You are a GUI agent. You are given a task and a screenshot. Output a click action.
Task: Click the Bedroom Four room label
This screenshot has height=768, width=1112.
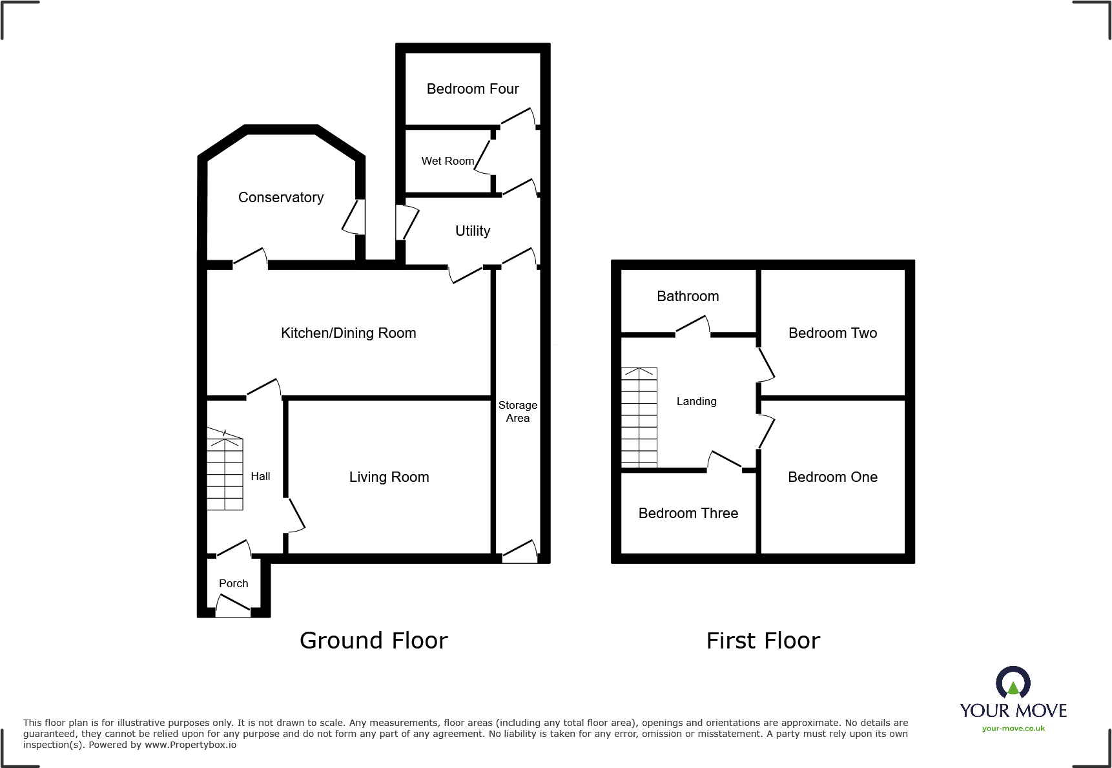pyautogui.click(x=473, y=88)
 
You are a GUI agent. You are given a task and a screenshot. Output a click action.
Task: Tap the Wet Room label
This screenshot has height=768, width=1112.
pyautogui.click(x=448, y=161)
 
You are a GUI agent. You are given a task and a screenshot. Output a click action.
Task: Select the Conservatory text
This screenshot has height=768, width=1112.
pyautogui.click(x=281, y=197)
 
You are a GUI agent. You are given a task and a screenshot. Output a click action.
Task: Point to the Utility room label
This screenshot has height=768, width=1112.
pyautogui.click(x=473, y=231)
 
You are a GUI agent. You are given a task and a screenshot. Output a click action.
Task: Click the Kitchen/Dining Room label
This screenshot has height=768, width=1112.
pyautogui.click(x=348, y=333)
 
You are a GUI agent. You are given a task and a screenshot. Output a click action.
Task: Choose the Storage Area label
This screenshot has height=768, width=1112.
pyautogui.click(x=518, y=411)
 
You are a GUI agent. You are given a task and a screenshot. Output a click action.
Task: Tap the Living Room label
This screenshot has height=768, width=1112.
pyautogui.click(x=389, y=477)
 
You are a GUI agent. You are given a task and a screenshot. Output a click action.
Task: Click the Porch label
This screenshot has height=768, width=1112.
pyautogui.click(x=233, y=583)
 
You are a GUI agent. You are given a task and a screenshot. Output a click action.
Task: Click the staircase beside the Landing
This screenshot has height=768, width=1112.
pyautogui.click(x=639, y=417)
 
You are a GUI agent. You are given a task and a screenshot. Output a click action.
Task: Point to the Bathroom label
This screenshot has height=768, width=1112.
pyautogui.click(x=688, y=296)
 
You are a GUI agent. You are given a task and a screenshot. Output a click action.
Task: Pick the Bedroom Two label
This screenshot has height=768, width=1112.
pyautogui.click(x=832, y=333)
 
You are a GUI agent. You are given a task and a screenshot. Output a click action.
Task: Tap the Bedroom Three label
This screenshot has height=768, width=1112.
pyautogui.click(x=688, y=513)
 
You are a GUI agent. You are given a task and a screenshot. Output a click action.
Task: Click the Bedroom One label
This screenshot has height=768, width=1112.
pyautogui.click(x=832, y=477)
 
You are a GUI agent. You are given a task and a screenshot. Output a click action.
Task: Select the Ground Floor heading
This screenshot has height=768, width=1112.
pyautogui.click(x=373, y=640)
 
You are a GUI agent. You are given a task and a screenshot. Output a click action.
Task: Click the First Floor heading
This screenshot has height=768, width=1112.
pyautogui.click(x=763, y=640)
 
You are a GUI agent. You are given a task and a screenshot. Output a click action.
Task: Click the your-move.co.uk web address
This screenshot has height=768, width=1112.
pyautogui.click(x=1013, y=729)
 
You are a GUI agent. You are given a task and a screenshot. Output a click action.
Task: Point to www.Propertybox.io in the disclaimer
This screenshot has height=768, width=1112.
pyautogui.click(x=190, y=745)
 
